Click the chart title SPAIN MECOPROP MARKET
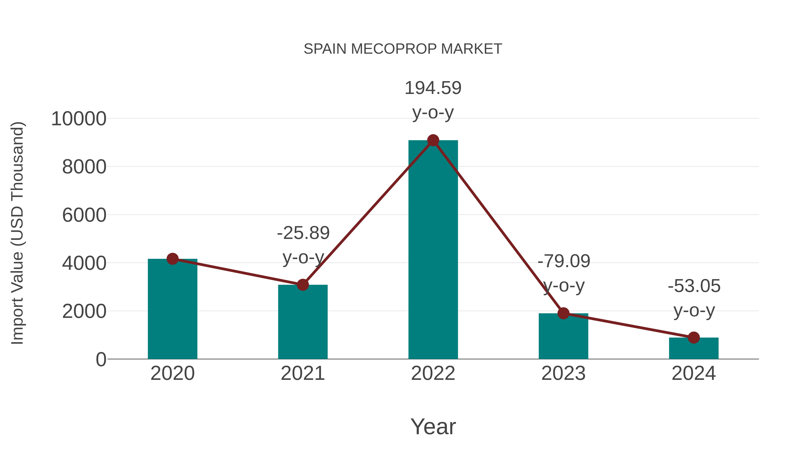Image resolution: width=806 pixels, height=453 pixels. [x=403, y=49]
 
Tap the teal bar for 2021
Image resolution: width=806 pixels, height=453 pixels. [x=302, y=322]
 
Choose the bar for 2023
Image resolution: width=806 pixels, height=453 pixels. [x=563, y=336]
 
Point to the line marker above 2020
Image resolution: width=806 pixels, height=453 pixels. [x=172, y=259]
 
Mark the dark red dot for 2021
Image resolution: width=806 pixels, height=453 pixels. [x=302, y=285]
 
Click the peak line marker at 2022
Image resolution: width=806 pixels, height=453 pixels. [x=433, y=140]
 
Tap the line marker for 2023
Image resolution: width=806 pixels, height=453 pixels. [x=563, y=313]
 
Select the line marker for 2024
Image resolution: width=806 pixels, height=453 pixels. [x=694, y=337]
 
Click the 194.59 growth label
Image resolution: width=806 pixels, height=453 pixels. [x=433, y=88]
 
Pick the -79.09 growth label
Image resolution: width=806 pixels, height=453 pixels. [x=564, y=261]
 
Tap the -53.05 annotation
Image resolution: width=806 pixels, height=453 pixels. [x=694, y=286]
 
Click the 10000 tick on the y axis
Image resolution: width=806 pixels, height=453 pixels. [x=79, y=119]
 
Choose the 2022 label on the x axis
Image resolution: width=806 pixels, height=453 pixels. [x=433, y=373]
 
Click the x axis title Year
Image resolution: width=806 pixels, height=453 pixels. [x=433, y=426]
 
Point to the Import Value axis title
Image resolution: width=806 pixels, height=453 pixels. [x=17, y=233]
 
